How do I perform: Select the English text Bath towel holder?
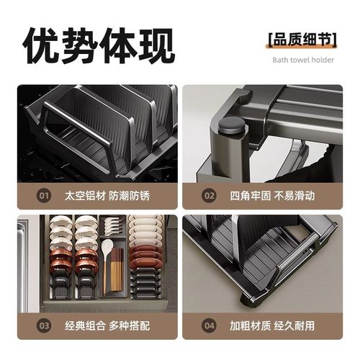pyautogui.click(x=302, y=60)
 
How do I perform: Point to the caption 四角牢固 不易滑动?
pyautogui.click(x=272, y=194)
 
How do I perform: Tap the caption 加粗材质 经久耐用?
pyautogui.click(x=272, y=326)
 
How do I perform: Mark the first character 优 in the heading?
pyautogui.click(x=40, y=45)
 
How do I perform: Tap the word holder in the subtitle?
pyautogui.click(x=323, y=60)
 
